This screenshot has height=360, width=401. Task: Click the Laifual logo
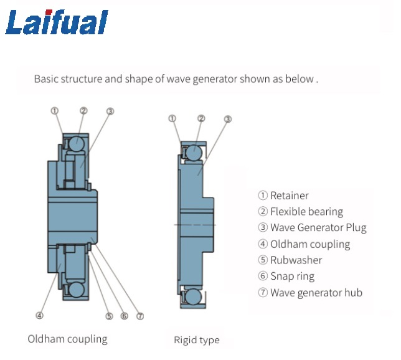click(57, 24)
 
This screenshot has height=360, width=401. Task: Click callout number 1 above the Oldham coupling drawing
click(55, 111)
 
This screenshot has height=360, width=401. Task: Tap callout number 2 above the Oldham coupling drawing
click(83, 111)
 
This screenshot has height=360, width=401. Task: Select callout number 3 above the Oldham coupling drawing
click(110, 111)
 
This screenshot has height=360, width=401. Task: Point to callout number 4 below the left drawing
click(40, 315)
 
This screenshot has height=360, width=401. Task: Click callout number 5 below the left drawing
click(109, 316)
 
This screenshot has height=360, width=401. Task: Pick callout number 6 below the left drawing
click(125, 316)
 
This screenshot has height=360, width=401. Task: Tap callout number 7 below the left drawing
click(140, 316)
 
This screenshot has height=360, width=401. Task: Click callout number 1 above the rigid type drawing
click(172, 118)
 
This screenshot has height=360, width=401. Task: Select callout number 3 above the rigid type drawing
click(228, 119)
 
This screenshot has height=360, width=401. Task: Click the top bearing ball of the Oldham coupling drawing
click(76, 143)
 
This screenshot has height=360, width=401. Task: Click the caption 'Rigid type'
click(197, 340)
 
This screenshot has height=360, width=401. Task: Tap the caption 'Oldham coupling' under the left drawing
click(67, 339)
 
